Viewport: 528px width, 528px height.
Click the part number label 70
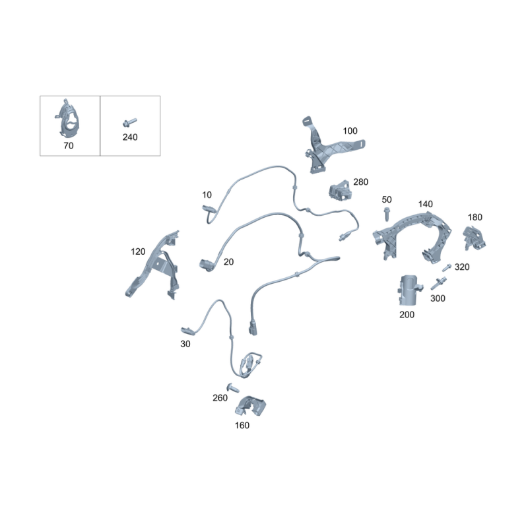point(69,145)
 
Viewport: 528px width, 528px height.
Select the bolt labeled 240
point(129,122)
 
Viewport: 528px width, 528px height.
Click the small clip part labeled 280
point(340,190)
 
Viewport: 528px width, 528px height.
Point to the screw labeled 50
point(387,214)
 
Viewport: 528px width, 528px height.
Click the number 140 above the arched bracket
point(425,204)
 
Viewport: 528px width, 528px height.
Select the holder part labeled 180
point(474,238)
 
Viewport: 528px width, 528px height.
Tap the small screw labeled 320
point(447,268)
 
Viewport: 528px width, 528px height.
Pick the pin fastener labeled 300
point(438,283)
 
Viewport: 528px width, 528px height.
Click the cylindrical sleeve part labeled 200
point(409,290)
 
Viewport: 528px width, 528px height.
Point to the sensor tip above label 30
point(187,331)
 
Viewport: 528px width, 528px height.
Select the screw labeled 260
point(233,387)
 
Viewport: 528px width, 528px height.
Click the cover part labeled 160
point(250,406)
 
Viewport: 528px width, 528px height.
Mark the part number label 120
point(138,251)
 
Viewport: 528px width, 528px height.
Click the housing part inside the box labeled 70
point(69,119)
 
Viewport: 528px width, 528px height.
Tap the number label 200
point(407,315)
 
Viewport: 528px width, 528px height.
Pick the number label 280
point(360,182)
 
